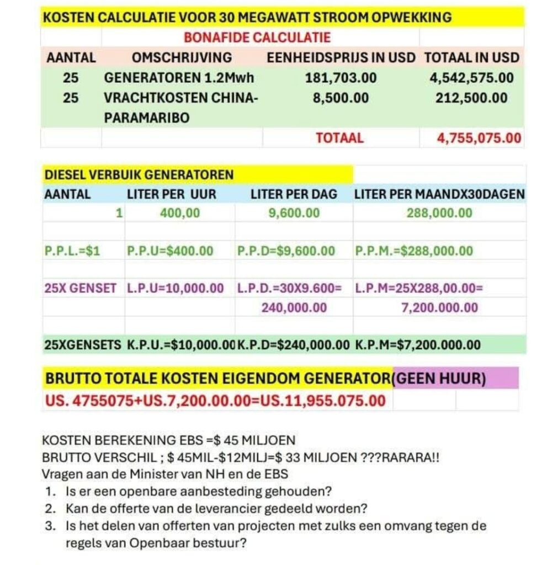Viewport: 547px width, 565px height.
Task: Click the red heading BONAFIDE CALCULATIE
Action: click(257, 38)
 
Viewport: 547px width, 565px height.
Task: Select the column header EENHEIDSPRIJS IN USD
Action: click(341, 57)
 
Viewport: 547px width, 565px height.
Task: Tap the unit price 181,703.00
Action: click(341, 78)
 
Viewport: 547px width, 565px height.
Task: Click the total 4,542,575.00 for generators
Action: click(471, 78)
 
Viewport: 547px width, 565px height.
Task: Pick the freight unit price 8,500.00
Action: click(341, 98)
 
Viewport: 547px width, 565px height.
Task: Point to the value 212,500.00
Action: click(471, 98)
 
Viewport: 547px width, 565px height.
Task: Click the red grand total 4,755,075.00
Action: click(479, 138)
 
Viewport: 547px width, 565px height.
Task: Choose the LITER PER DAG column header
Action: click(294, 194)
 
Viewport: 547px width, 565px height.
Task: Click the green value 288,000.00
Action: click(439, 213)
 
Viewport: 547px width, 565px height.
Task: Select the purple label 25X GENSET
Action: click(80, 287)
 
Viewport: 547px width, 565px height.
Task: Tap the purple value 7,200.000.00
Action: click(439, 307)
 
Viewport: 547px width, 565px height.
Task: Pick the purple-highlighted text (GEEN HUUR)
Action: click(441, 380)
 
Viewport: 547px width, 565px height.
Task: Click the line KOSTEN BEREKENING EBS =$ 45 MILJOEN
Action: click(168, 440)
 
